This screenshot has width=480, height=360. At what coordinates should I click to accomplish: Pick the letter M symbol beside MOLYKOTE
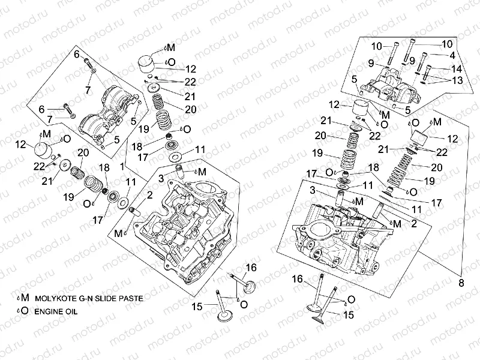[x=25, y=298]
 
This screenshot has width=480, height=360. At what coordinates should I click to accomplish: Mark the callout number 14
[x=457, y=68]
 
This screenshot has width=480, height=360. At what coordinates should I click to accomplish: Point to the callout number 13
[x=457, y=80]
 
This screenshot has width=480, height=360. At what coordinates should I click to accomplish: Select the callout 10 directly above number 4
[x=447, y=44]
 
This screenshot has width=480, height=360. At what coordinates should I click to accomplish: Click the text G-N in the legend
[x=88, y=298]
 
